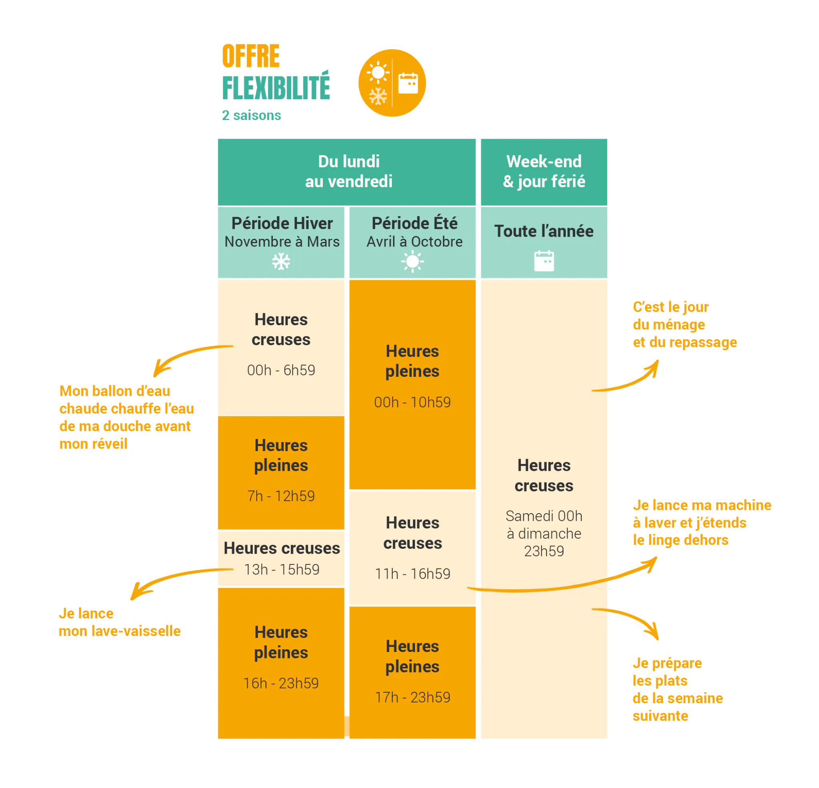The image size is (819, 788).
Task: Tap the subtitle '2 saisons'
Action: tap(251, 115)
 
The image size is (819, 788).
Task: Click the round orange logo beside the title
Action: tap(392, 83)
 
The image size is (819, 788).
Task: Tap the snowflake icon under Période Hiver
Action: tap(281, 262)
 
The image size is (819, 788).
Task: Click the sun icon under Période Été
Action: tap(412, 262)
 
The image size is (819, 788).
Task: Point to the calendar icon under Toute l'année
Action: tap(544, 261)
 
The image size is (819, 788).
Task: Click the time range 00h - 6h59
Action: tap(281, 370)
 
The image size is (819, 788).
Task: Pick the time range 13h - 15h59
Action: tap(282, 570)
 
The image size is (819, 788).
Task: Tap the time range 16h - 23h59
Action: tap(281, 684)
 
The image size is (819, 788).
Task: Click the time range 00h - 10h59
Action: tap(412, 402)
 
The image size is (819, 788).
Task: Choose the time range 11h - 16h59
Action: tap(412, 574)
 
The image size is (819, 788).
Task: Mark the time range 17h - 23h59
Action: tap(412, 698)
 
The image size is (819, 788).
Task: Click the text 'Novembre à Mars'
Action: tap(282, 242)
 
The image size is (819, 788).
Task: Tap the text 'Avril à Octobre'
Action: tap(415, 242)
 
